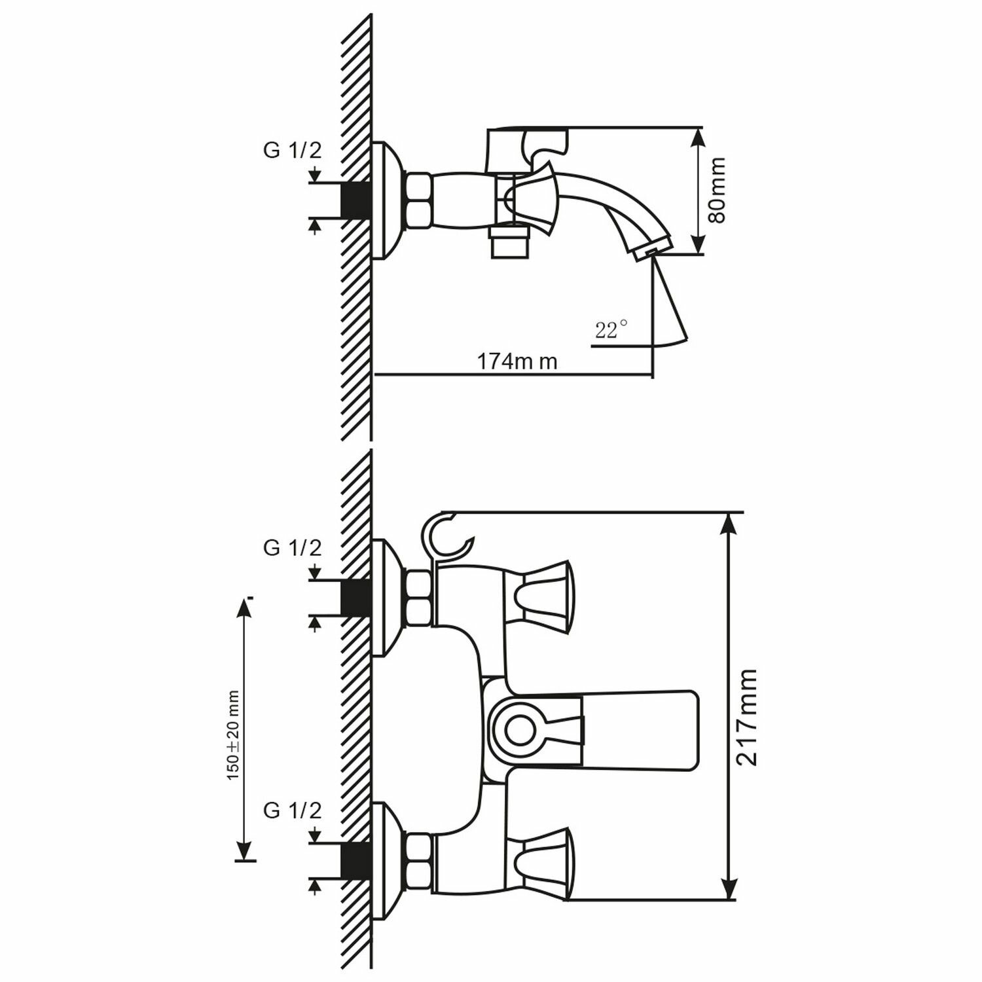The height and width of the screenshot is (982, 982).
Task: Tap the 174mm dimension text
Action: (517, 361)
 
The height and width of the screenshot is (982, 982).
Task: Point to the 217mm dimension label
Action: (746, 717)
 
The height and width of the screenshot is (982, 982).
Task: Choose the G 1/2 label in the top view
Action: (293, 151)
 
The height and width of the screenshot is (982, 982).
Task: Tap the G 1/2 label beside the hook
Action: (293, 548)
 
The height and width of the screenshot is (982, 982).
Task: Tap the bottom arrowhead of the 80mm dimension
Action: (699, 245)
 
